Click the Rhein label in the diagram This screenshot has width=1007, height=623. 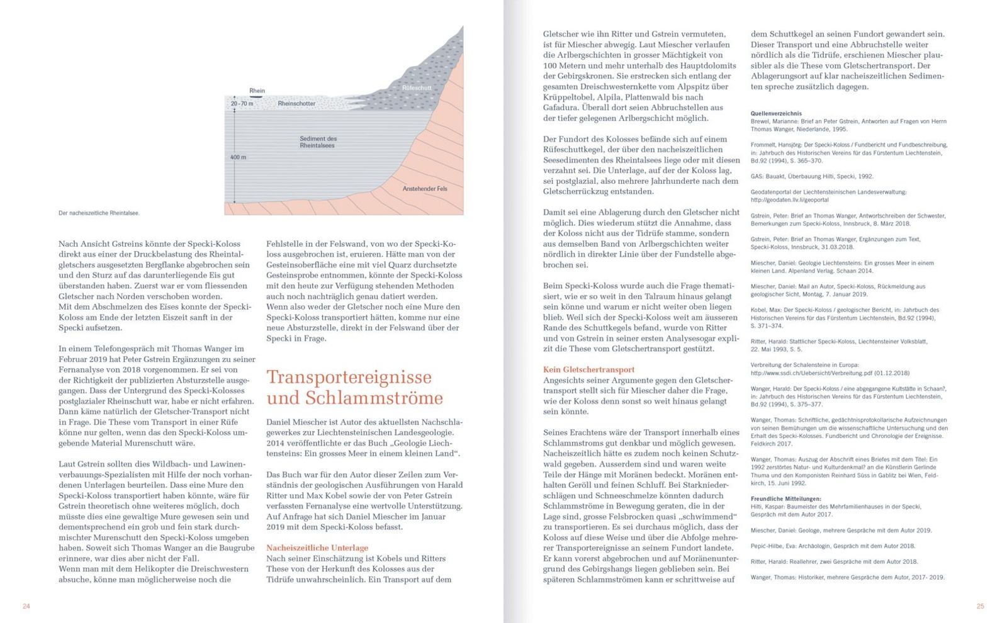[x=257, y=91]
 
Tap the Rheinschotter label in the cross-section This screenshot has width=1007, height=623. [x=296, y=104]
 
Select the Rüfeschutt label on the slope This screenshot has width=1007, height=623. [x=417, y=88]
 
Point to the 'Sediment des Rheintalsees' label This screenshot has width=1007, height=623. [x=317, y=142]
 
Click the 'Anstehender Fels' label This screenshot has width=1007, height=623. [x=425, y=189]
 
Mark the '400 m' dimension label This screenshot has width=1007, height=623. [x=239, y=157]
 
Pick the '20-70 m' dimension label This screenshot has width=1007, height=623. [x=242, y=104]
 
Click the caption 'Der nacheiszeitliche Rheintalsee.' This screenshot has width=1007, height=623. [x=99, y=213]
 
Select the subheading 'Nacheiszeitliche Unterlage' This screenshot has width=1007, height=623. [x=317, y=548]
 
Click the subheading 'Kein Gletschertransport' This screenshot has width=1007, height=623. [x=588, y=370]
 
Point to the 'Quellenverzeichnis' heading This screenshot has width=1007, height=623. [x=776, y=114]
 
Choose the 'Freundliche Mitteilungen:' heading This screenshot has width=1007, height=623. [x=784, y=498]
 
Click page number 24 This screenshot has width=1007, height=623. [x=26, y=607]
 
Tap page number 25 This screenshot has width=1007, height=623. [x=980, y=607]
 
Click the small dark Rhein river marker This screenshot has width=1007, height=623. [x=257, y=96]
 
